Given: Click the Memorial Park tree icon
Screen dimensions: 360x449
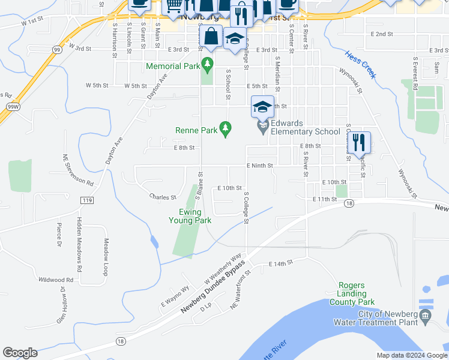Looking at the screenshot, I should pyautogui.click(x=208, y=62).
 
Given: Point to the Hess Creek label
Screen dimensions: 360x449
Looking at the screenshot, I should pyautogui.click(x=360, y=64).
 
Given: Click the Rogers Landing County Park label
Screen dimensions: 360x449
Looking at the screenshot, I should pyautogui.click(x=352, y=293).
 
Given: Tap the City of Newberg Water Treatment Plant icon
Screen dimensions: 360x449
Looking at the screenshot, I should pyautogui.click(x=426, y=315).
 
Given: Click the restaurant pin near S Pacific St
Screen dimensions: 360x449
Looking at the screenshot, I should pyautogui.click(x=358, y=143).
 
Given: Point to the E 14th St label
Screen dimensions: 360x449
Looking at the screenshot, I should pyautogui.click(x=280, y=263).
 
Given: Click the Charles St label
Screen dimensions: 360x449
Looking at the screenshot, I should pyautogui.click(x=163, y=196).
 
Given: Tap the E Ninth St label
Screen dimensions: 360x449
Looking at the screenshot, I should pyautogui.click(x=259, y=166).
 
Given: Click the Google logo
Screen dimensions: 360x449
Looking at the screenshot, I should pyautogui.click(x=20, y=353).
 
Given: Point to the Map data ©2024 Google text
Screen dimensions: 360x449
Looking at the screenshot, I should pyautogui.click(x=411, y=355).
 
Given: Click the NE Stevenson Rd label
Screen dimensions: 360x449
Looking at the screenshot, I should pyautogui.click(x=78, y=169).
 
